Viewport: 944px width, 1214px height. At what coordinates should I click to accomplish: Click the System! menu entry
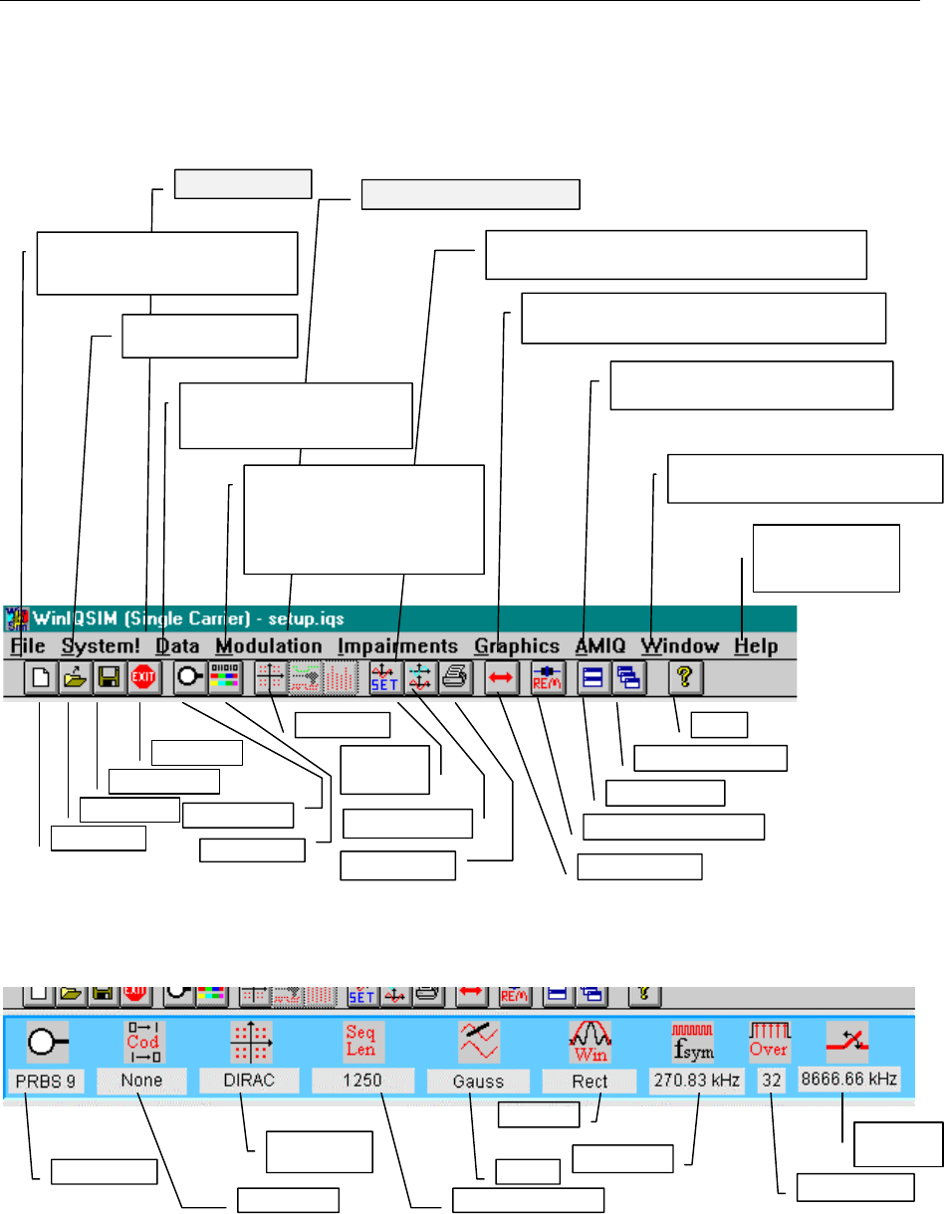coord(100,646)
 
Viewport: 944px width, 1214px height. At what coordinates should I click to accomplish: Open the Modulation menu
coord(268,646)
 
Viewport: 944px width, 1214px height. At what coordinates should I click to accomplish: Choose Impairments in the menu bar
coord(397,646)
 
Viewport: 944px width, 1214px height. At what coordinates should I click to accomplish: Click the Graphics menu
coord(517,646)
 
